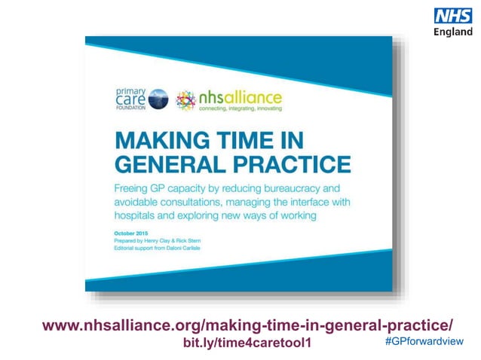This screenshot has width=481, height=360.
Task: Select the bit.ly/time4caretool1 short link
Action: [x=247, y=343]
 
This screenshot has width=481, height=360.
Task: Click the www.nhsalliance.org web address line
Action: [x=248, y=325]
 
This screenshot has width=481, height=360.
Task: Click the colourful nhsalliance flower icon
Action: [x=185, y=100]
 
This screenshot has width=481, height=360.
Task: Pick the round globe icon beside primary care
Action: [x=158, y=99]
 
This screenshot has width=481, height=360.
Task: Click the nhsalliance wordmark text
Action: [x=239, y=98]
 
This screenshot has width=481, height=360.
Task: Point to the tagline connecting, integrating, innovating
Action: [x=239, y=109]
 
